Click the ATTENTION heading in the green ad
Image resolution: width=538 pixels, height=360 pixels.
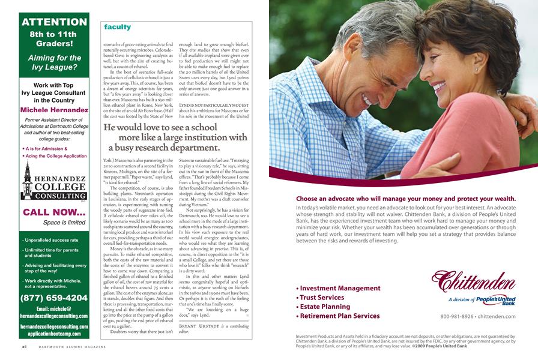pos(54,22)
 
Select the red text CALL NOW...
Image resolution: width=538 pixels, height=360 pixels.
pos(54,212)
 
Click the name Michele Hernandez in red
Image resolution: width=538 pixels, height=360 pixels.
pos(54,110)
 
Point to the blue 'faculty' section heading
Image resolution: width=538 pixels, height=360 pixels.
pos(117,27)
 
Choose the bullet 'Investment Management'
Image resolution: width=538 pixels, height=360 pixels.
pos(338,288)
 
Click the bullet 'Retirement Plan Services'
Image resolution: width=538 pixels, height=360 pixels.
pos(340,316)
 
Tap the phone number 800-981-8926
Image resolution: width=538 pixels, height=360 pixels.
pos(460,316)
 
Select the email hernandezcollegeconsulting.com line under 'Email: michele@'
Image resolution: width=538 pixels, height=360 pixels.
pos(54,316)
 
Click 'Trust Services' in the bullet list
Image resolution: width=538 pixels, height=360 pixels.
pos(322,298)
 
